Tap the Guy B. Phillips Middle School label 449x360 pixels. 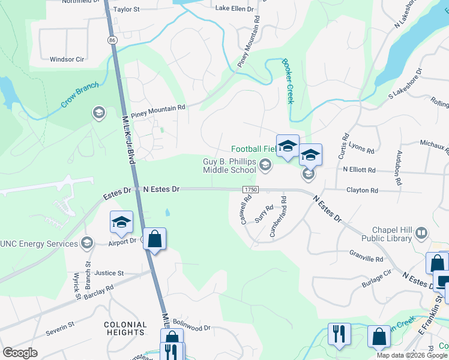pyautogui.click(x=229, y=166)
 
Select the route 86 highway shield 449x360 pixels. pyautogui.click(x=112, y=40)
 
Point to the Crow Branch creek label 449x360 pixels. pyautogui.click(x=79, y=96)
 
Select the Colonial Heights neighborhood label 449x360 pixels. pyautogui.click(x=125, y=328)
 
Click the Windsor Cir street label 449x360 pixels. pyautogui.click(x=67, y=59)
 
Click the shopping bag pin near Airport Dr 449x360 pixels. pyautogui.click(x=155, y=239)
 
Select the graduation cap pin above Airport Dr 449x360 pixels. pyautogui.click(x=121, y=223)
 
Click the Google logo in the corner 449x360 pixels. pyautogui.click(x=20, y=353)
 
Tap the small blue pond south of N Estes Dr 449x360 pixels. pyautogui.click(x=167, y=212)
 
